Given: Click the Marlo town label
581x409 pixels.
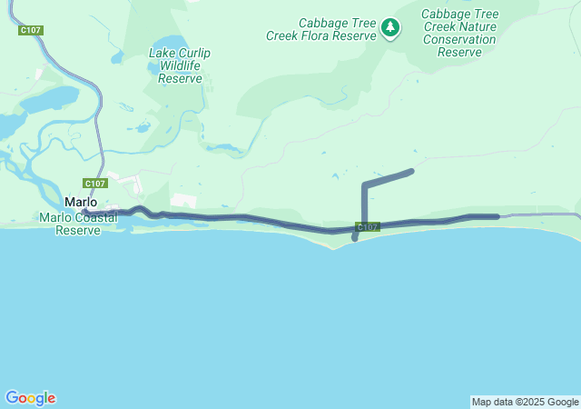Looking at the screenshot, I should (x=80, y=202).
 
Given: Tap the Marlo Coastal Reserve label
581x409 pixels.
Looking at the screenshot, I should (x=75, y=224).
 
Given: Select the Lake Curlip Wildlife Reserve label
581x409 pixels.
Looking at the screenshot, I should (x=180, y=65).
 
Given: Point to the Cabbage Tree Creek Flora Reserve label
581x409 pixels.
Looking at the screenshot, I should (x=320, y=29).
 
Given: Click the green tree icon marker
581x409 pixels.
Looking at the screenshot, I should (x=390, y=28).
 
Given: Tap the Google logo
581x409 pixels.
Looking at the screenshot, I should (x=30, y=398).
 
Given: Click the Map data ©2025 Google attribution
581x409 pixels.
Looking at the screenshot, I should (x=525, y=402).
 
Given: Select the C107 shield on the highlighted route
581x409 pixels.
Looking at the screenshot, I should (x=368, y=227).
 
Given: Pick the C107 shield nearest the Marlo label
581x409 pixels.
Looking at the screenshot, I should (x=95, y=183).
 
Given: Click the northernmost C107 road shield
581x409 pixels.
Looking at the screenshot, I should (x=31, y=30).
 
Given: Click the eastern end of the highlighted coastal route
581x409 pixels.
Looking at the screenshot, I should (x=497, y=216).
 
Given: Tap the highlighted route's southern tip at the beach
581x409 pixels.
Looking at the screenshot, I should (x=354, y=239).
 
